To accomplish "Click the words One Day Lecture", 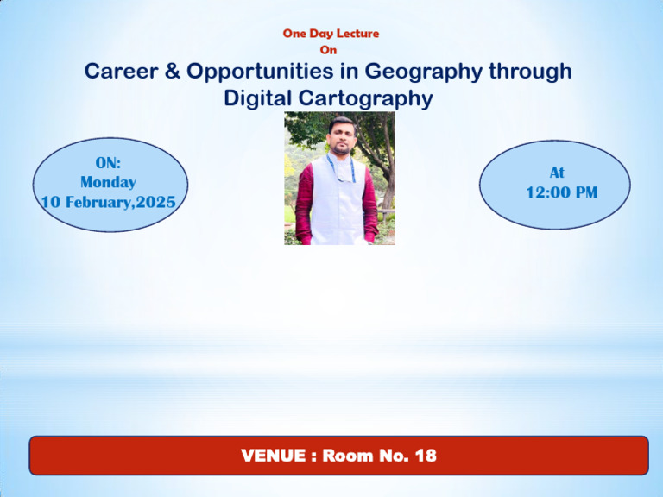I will [331, 34].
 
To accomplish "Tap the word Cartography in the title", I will [371, 99].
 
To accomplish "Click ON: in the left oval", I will [108, 162].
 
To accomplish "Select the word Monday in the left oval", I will [108, 182].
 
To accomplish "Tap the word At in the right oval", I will [557, 173].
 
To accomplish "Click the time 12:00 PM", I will [561, 193].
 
